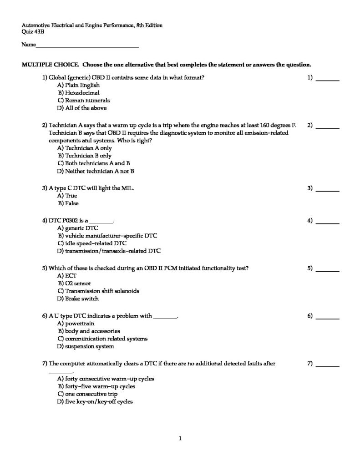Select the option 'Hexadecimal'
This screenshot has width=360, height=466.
click(x=81, y=93)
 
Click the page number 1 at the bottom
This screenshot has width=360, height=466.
click(x=180, y=439)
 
